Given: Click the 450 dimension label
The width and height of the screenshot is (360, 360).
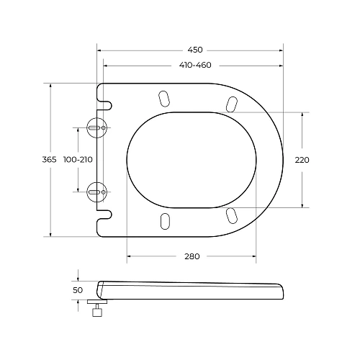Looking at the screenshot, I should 194,50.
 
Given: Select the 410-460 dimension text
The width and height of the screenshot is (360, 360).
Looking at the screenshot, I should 194,66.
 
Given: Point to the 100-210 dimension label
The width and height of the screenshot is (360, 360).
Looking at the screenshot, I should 78,159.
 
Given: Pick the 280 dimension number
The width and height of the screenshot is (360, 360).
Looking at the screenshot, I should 192,256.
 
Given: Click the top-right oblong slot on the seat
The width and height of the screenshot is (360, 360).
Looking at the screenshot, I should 231,104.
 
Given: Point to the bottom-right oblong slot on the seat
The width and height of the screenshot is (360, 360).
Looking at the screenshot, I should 231,214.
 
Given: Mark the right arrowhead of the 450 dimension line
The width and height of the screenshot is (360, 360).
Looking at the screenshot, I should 280,50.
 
